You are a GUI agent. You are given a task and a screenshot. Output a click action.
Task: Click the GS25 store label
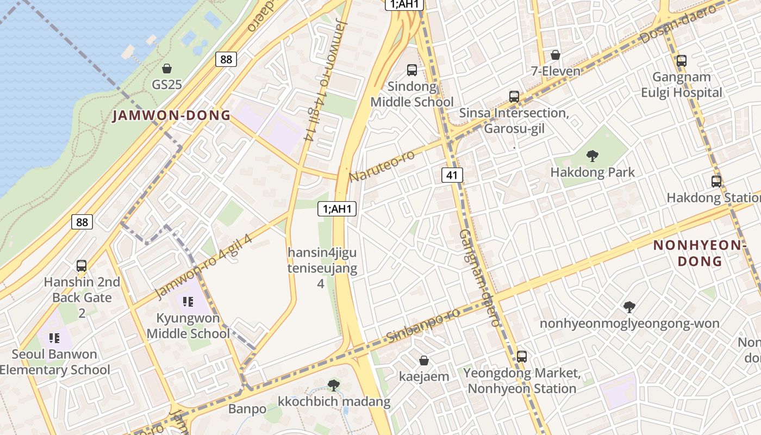point(166,84)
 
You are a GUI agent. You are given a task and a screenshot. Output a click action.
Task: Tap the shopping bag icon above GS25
point(167,69)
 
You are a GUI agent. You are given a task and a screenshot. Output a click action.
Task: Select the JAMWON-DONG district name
point(171,115)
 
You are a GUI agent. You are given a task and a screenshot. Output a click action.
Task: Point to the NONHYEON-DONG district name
point(699,253)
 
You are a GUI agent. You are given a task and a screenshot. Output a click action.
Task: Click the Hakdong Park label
point(592,172)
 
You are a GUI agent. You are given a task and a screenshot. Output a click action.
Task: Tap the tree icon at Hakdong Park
point(592,156)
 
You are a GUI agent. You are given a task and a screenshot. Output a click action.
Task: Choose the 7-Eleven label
point(556,71)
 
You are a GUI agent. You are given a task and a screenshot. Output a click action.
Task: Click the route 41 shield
point(452,175)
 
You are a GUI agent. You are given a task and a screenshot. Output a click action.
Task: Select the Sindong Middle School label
point(412,94)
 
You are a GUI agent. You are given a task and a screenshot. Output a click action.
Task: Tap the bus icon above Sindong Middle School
point(412,70)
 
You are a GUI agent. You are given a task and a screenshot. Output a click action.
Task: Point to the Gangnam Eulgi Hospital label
point(682,84)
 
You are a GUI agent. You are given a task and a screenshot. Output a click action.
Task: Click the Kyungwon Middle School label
point(188,325)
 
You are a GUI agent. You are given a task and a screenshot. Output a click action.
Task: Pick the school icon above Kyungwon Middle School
point(188,301)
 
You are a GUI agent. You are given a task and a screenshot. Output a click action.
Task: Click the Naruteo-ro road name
point(382,166)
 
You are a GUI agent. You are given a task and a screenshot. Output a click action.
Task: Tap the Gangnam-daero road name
point(478,277)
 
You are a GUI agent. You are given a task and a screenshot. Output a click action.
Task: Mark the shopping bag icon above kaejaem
point(424,361)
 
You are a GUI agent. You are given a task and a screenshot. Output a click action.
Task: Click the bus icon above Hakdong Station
point(716,182)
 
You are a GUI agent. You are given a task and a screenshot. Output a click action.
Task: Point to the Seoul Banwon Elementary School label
point(54,362)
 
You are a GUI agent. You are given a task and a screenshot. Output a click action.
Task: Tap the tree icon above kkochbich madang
point(334,385)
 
